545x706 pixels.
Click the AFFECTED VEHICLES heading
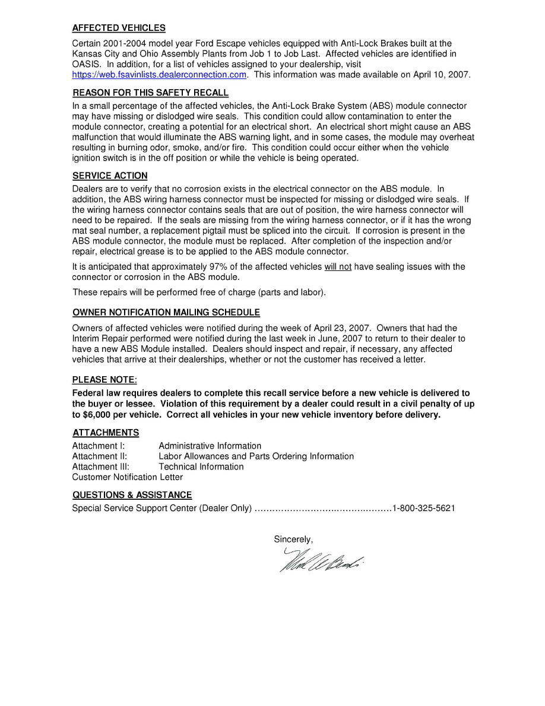(x=119, y=28)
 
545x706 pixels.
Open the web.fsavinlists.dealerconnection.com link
(x=159, y=75)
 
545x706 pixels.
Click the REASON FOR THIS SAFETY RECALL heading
(x=150, y=93)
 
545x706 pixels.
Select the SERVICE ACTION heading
(x=110, y=176)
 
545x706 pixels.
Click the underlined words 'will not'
(x=337, y=267)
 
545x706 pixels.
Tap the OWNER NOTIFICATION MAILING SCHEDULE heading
(x=166, y=313)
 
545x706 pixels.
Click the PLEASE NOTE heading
(x=104, y=380)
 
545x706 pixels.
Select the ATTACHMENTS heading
(x=106, y=433)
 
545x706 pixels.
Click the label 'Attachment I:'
(x=99, y=446)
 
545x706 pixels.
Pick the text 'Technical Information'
(x=201, y=467)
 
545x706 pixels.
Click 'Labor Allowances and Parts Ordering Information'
(x=256, y=456)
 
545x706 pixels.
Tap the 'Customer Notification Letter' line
(x=127, y=477)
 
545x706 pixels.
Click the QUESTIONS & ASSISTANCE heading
(x=132, y=495)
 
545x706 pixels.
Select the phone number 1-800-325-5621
(x=423, y=509)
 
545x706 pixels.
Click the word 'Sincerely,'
(x=293, y=540)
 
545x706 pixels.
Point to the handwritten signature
(x=321, y=559)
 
